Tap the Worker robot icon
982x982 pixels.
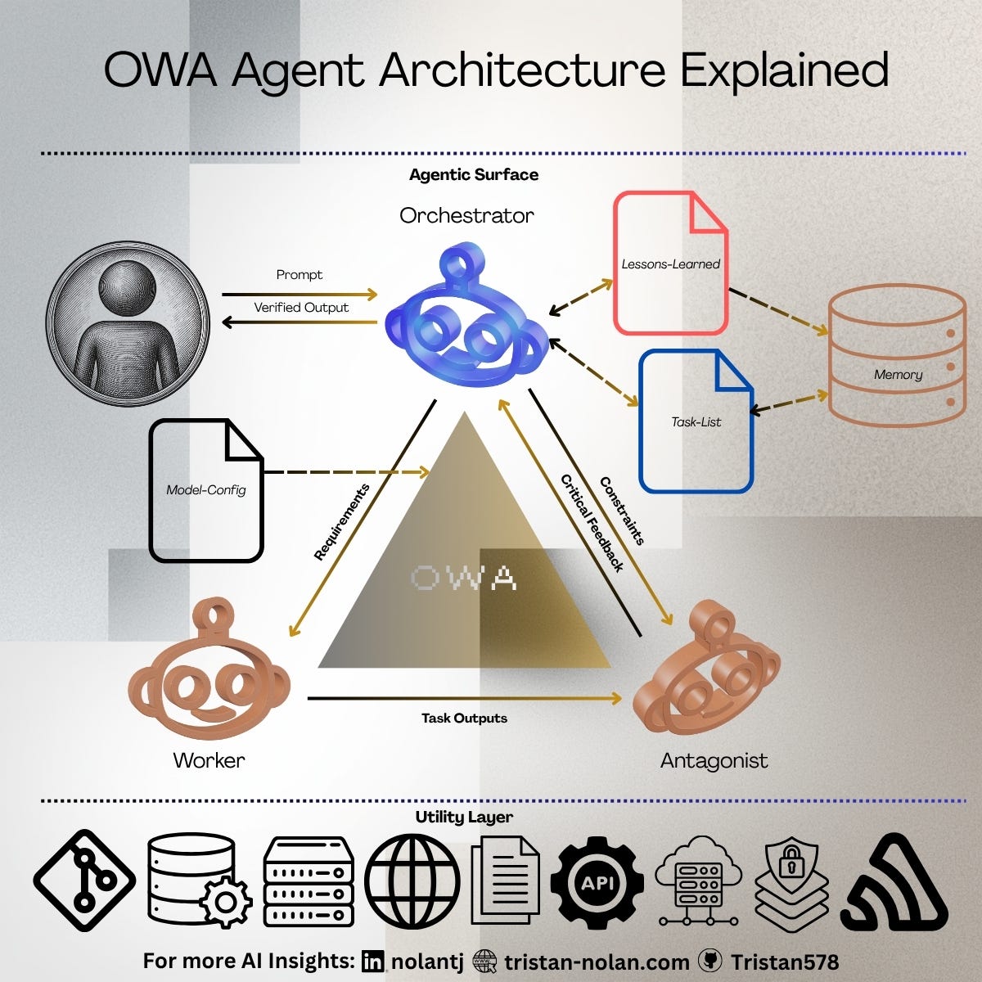click(x=209, y=671)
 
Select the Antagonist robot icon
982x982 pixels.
click(x=709, y=671)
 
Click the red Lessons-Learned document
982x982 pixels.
click(x=670, y=263)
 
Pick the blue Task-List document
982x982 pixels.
click(x=696, y=421)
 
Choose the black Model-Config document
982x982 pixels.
click(x=206, y=489)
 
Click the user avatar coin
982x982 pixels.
click(x=128, y=323)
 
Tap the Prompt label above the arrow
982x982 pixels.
click(x=300, y=275)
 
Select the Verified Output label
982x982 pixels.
click(x=301, y=308)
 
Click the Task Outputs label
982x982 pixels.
click(x=464, y=718)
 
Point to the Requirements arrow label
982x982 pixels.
click(x=342, y=522)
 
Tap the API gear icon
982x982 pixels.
click(x=597, y=883)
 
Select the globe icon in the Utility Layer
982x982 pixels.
click(x=412, y=882)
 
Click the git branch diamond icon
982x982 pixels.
click(x=85, y=881)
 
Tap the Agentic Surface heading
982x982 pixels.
click(x=474, y=174)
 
